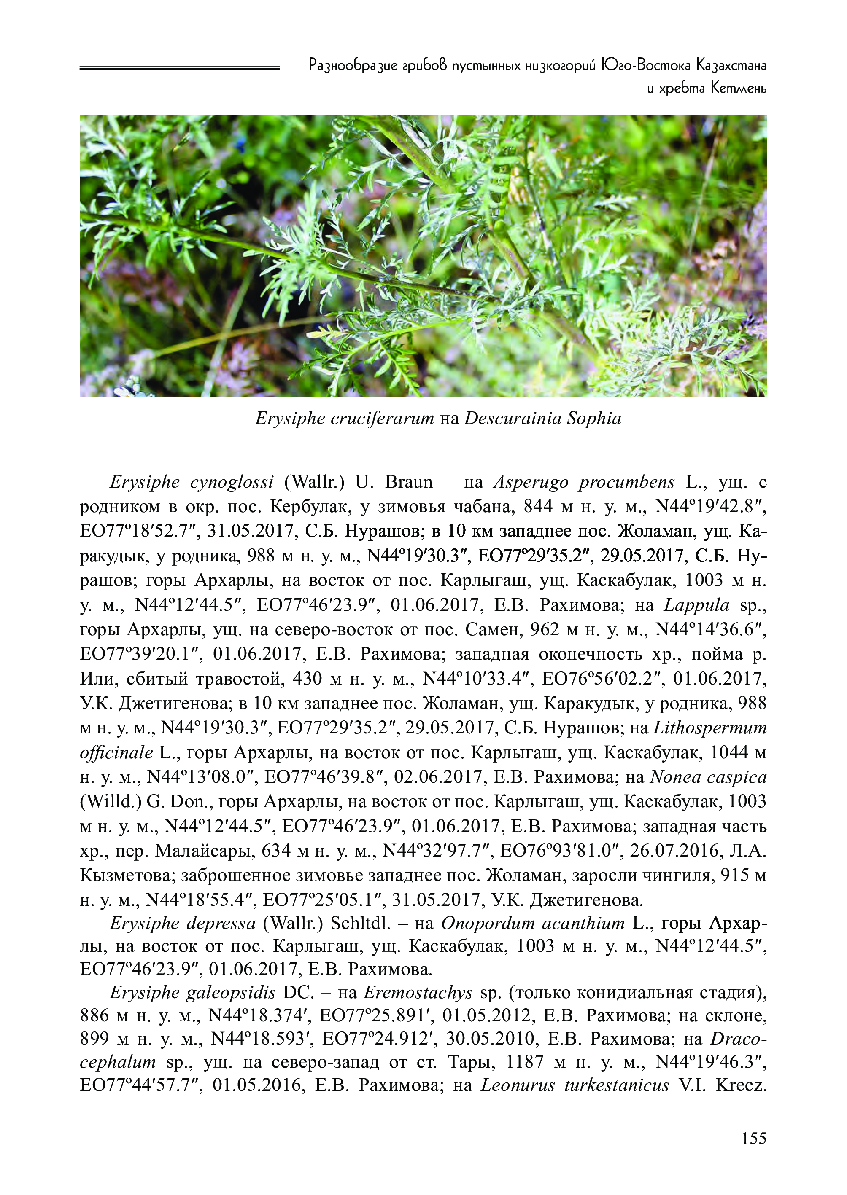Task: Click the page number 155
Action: pos(754,1138)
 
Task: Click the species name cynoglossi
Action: pos(232,483)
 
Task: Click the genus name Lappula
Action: pos(697,605)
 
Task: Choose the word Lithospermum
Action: pos(710,728)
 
